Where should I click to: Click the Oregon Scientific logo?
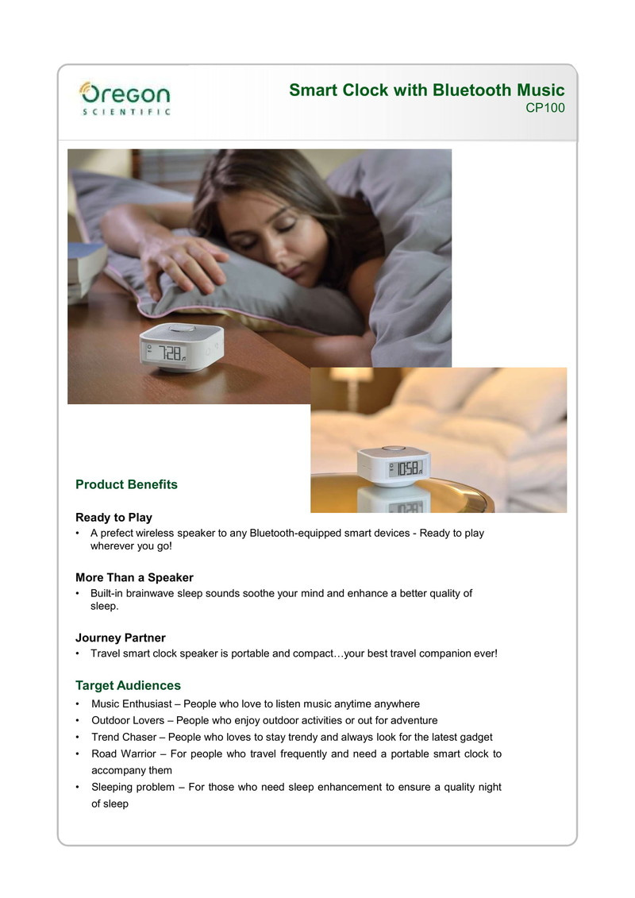click(x=125, y=98)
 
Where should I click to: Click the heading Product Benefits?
click(x=126, y=484)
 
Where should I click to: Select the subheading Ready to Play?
click(x=114, y=518)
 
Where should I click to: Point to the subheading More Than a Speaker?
click(x=134, y=577)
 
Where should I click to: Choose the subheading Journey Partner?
click(x=120, y=638)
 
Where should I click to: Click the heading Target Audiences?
click(x=128, y=685)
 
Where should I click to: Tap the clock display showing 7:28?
click(x=169, y=353)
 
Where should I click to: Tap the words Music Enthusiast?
click(x=132, y=704)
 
